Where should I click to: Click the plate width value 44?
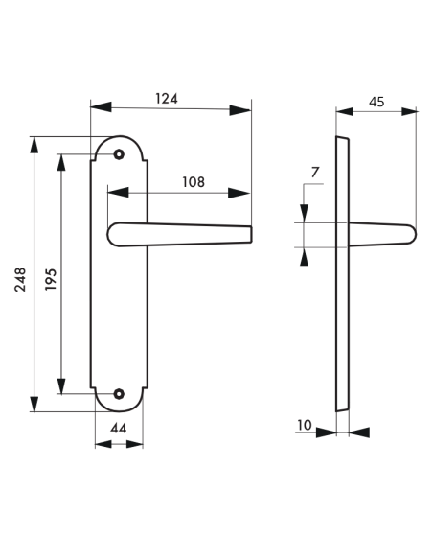click(120, 429)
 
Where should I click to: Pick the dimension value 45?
click(376, 100)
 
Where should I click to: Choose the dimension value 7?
click(315, 172)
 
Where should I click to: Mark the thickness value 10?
click(304, 423)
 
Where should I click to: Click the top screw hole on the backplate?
click(119, 154)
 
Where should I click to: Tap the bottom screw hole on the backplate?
click(119, 393)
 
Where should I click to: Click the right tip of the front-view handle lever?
click(248, 235)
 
